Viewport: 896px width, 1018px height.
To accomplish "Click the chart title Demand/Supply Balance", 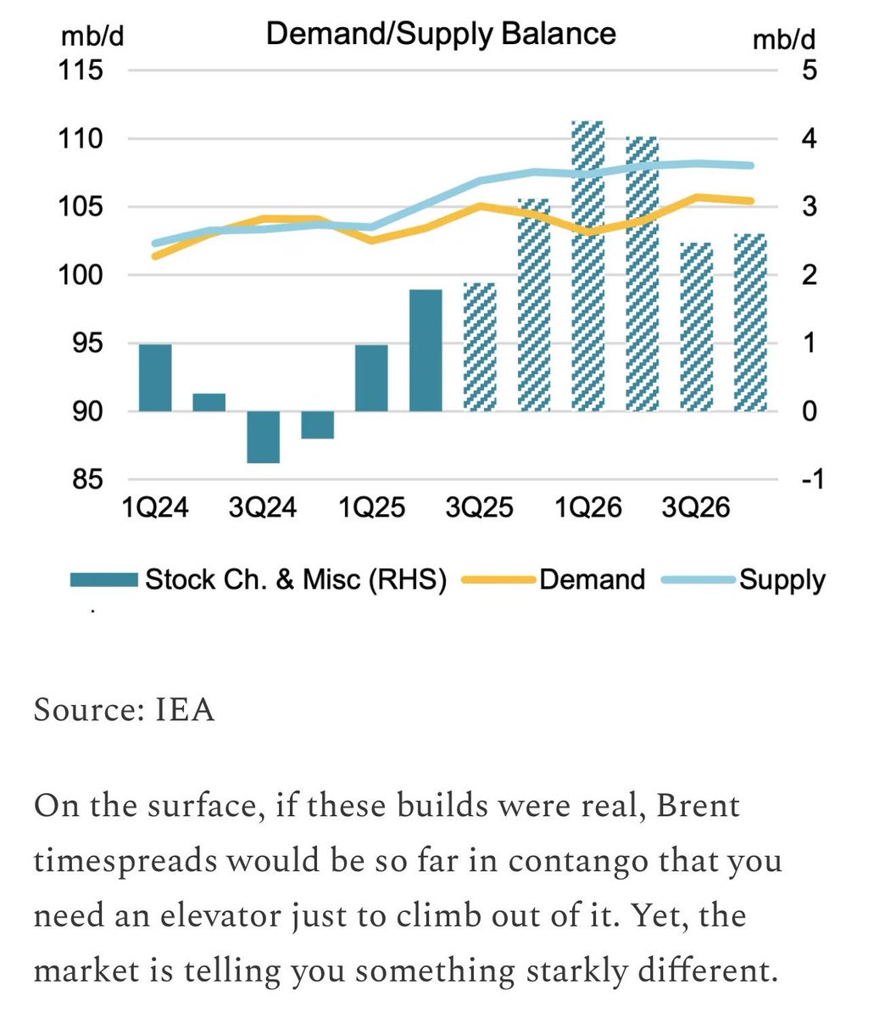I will point(441,34).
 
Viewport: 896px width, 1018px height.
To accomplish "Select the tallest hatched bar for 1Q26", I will point(587,266).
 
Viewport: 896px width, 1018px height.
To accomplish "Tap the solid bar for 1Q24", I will point(155,378).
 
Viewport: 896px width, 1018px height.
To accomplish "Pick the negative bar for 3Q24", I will point(263,437).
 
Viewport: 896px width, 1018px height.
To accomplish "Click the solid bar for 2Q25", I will point(426,350).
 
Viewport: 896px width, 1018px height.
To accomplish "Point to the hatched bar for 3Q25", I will point(480,347).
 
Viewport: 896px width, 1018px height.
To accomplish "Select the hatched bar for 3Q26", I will point(696,327).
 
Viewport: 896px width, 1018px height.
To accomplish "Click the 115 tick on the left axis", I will point(81,70).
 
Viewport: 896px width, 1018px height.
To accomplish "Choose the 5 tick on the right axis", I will point(809,70).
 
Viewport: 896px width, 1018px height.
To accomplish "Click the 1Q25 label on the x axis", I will point(371,508).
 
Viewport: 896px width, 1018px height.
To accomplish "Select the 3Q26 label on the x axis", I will point(696,508).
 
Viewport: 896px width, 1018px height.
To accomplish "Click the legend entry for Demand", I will point(592,579).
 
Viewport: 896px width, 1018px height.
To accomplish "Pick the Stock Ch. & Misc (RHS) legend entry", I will point(296,579).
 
